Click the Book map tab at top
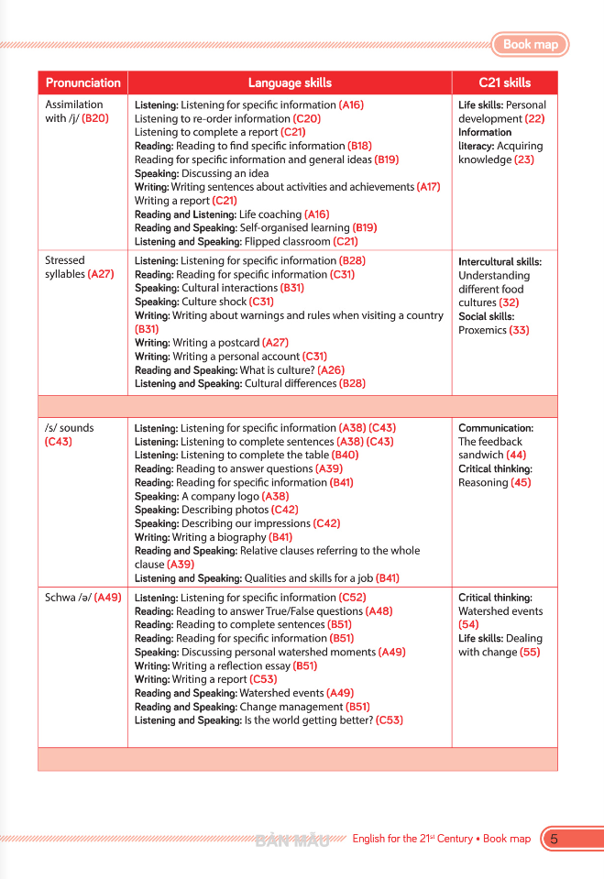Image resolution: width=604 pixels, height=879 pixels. (x=530, y=44)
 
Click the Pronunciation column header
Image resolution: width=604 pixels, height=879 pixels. (x=82, y=82)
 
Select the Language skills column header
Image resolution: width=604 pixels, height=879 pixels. (x=290, y=82)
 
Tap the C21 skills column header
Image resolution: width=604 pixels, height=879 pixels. (x=504, y=82)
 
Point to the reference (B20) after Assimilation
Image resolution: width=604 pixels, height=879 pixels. (x=95, y=118)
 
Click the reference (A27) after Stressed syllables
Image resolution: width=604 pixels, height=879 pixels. (x=101, y=274)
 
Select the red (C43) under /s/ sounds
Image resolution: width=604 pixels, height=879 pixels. (x=58, y=441)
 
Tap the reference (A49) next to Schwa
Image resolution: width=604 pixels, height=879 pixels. (x=107, y=598)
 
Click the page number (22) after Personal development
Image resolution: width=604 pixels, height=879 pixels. (x=534, y=118)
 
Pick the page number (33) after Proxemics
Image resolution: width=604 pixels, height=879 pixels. (x=520, y=330)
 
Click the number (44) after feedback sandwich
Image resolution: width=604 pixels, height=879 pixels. (x=516, y=455)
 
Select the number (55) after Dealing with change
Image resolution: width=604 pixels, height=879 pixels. (x=529, y=652)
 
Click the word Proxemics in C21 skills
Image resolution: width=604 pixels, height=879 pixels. (x=482, y=330)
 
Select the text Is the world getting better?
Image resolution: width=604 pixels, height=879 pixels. (x=308, y=720)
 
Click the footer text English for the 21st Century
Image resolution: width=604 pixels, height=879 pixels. (x=412, y=839)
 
